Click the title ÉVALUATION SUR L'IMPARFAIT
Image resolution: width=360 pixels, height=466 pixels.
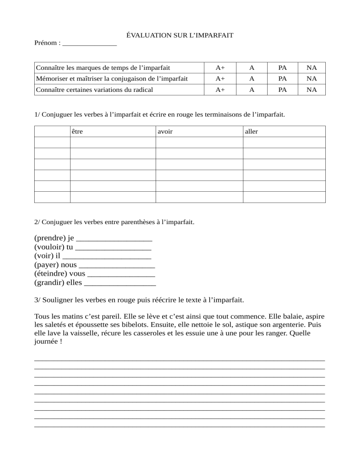coord(180,35)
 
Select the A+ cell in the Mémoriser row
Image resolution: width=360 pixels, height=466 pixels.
coord(220,79)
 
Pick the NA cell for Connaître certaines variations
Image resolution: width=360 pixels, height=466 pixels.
coord(312,90)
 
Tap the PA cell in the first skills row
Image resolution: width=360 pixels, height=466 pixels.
coord(283,68)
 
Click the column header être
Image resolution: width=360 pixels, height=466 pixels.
coord(78,132)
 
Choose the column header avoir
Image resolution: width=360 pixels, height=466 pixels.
coord(165,132)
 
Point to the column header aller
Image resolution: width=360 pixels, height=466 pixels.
coord(251,132)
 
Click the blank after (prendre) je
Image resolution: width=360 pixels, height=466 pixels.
coord(114,240)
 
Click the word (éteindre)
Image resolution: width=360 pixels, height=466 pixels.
coord(51,273)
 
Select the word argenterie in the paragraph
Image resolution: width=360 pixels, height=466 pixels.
coord(291,324)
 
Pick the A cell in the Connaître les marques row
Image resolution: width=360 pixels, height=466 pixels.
coord(252,68)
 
